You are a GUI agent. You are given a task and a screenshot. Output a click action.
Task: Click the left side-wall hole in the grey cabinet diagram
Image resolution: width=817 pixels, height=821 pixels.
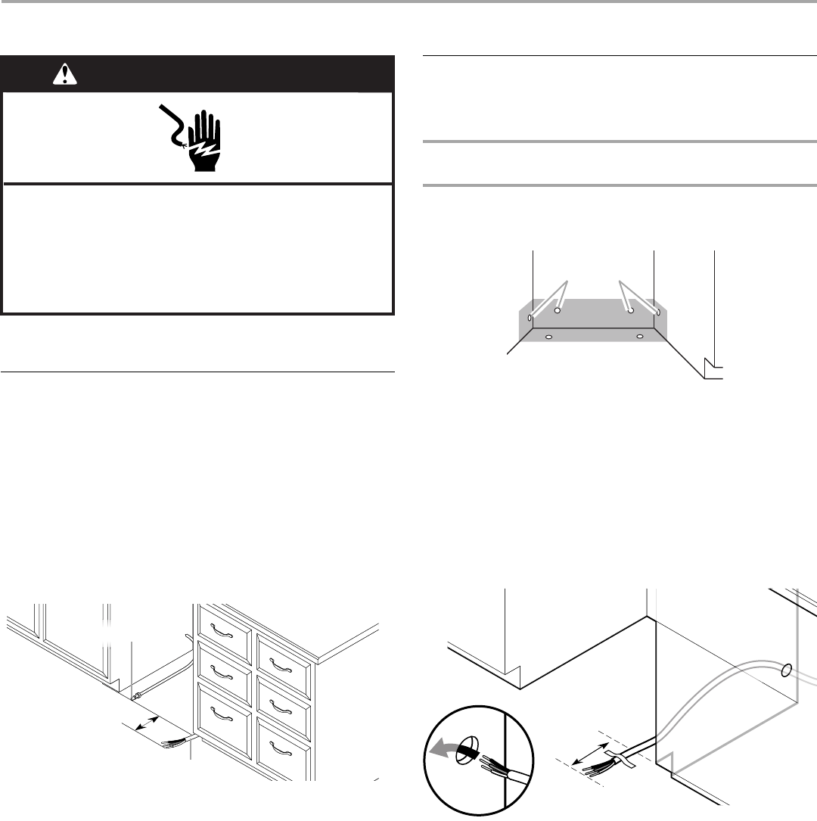(x=530, y=318)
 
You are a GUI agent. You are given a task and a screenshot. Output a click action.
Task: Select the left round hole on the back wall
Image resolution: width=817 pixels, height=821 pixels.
(x=558, y=310)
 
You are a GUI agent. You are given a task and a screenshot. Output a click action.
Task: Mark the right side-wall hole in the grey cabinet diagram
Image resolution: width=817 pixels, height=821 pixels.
(x=658, y=311)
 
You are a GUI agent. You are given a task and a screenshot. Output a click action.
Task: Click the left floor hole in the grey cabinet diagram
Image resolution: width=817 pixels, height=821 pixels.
(x=549, y=335)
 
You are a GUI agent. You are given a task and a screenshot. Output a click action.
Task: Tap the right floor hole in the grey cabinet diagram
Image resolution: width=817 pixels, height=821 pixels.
(x=639, y=335)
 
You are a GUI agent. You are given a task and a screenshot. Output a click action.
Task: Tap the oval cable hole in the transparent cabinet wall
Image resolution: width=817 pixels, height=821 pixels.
(x=786, y=670)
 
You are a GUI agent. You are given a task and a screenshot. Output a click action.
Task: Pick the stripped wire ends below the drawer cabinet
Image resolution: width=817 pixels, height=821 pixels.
(x=175, y=744)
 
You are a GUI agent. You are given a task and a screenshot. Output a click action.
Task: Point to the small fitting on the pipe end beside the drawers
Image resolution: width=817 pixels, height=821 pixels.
(x=138, y=694)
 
